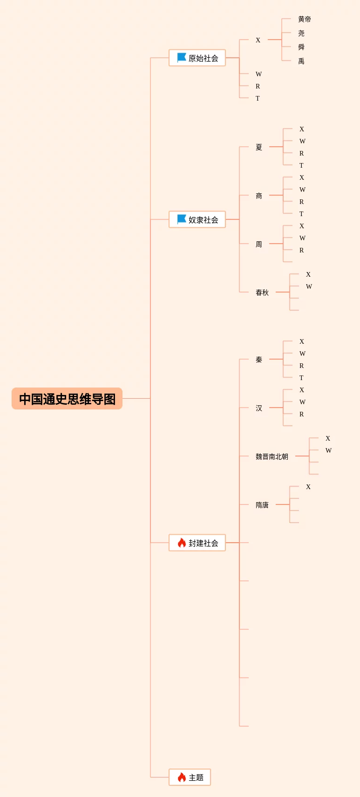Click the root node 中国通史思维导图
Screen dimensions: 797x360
coord(67,399)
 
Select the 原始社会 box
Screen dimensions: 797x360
coord(197,58)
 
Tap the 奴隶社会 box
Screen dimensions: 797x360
coord(197,219)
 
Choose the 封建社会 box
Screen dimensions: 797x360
coord(197,543)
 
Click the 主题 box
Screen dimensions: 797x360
coord(190,777)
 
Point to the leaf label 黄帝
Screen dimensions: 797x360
coord(305,19)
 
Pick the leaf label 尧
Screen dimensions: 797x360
coord(301,33)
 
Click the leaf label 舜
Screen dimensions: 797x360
coord(301,47)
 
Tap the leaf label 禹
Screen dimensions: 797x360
coord(301,61)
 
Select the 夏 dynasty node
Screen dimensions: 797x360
coord(259,147)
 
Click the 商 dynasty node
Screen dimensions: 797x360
coord(259,196)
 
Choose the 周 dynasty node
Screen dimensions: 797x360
coord(259,244)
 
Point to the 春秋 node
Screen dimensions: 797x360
coord(262,293)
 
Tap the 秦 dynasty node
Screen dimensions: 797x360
coord(259,360)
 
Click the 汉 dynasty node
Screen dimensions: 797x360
coord(259,408)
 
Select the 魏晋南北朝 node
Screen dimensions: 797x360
coord(272,456)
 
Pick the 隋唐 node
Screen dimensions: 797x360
coord(262,505)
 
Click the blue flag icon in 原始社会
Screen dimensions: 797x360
coord(182,58)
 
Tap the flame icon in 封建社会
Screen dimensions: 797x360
coord(182,543)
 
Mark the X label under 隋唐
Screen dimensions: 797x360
coord(308,487)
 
